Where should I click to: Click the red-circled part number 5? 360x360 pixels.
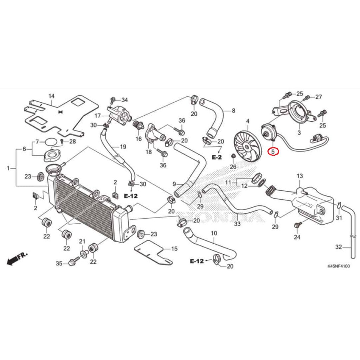pyautogui.click(x=274, y=152)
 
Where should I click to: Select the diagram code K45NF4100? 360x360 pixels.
pyautogui.click(x=338, y=267)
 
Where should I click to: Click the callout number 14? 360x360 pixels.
pyautogui.click(x=52, y=96)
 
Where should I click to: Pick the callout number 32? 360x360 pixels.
pyautogui.click(x=338, y=247)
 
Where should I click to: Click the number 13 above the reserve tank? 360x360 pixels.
pyautogui.click(x=300, y=175)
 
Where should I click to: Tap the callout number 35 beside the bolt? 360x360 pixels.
pyautogui.click(x=59, y=263)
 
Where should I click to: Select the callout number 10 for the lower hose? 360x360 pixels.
pyautogui.click(x=214, y=233)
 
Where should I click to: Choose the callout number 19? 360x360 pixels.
pyautogui.click(x=123, y=146)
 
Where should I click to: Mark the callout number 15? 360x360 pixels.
pyautogui.click(x=174, y=249)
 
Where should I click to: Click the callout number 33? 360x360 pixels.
pyautogui.click(x=237, y=224)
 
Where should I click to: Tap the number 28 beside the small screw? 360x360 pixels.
pyautogui.click(x=72, y=142)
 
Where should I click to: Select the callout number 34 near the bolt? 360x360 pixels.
pyautogui.click(x=125, y=100)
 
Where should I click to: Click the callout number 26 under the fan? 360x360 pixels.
pyautogui.click(x=233, y=167)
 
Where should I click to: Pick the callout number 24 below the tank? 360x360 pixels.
pyautogui.click(x=297, y=237)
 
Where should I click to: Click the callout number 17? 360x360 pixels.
pyautogui.click(x=97, y=115)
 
